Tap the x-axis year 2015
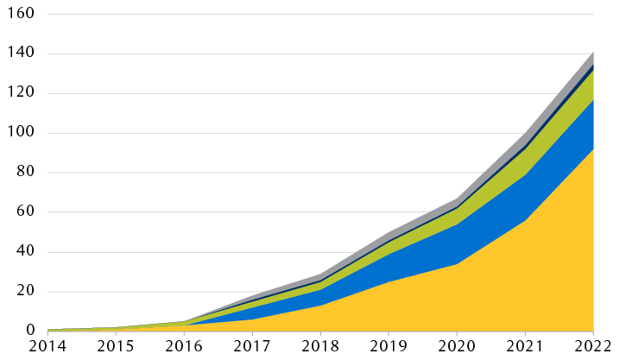click(116, 347)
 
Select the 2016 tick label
click(184, 347)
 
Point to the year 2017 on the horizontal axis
click(252, 347)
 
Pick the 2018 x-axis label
click(320, 347)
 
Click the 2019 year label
click(389, 347)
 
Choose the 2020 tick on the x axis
click(457, 347)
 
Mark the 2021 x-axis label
click(525, 347)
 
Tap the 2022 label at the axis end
click(593, 347)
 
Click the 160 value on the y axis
click(21, 15)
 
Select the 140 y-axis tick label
click(21, 54)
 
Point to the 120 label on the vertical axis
click(21, 94)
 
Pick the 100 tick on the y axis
click(21, 134)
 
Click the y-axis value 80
click(25, 173)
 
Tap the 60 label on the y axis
click(25, 212)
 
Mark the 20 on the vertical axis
click(25, 292)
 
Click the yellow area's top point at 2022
click(593, 148)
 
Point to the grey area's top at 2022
click(593, 52)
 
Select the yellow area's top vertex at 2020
click(457, 264)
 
